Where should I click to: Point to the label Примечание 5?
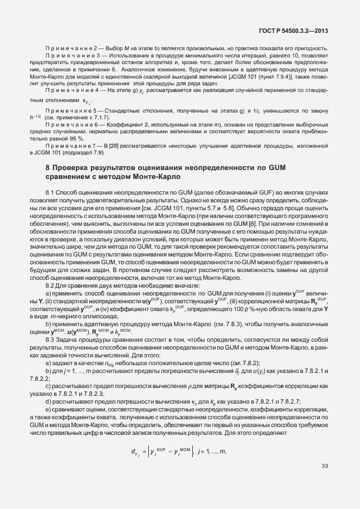pyautogui.click(x=71, y=112)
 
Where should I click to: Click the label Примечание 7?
pyautogui.click(x=71, y=146)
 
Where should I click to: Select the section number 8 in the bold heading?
pyautogui.click(x=47, y=168)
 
